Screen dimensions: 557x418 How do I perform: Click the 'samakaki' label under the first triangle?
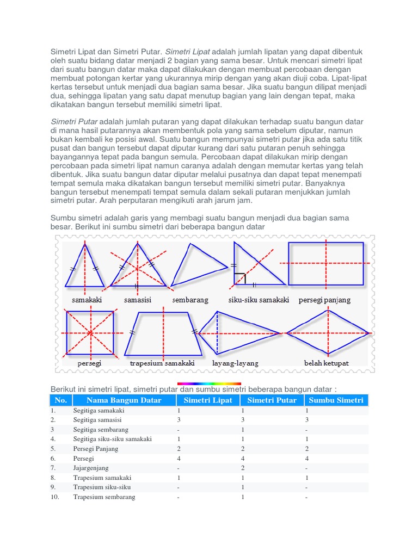click(87, 300)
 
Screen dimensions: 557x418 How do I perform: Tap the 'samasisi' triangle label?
click(137, 300)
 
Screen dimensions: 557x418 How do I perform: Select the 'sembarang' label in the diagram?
click(190, 300)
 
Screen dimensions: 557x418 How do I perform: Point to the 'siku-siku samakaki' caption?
click(259, 300)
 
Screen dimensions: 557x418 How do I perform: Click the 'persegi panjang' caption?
click(324, 300)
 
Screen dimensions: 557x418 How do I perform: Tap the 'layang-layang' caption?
click(235, 363)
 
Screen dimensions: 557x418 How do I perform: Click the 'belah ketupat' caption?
click(326, 363)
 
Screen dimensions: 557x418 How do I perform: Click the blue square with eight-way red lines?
click(90, 332)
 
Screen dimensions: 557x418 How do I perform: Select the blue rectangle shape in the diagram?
click(326, 264)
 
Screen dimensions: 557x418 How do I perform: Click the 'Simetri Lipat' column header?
click(208, 400)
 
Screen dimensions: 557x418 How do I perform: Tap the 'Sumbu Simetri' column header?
click(336, 400)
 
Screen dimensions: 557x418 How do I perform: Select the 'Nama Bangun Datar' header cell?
click(124, 400)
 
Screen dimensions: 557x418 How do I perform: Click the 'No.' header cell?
click(60, 400)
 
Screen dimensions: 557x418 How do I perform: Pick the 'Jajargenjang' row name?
click(91, 468)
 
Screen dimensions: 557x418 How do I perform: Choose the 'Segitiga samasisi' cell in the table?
click(97, 420)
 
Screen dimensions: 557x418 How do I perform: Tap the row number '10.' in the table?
click(55, 497)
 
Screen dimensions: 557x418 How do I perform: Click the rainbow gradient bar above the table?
click(209, 384)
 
